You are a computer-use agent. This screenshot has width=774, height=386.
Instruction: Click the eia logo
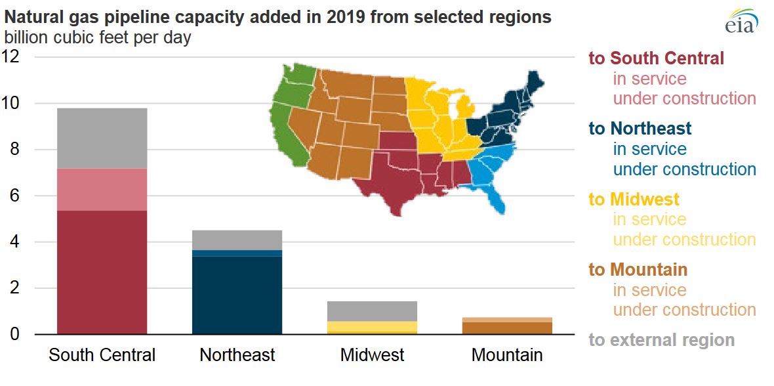pos(741,21)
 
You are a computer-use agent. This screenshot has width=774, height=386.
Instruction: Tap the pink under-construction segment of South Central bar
pos(102,190)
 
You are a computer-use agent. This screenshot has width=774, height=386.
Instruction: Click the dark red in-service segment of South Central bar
pos(102,272)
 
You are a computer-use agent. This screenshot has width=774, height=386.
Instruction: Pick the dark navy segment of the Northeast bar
pos(237,295)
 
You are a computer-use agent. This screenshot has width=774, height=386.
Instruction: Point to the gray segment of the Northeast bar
pos(237,240)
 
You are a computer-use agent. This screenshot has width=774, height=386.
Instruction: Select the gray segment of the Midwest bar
pos(372,311)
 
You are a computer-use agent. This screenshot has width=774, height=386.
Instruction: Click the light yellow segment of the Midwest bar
pos(372,326)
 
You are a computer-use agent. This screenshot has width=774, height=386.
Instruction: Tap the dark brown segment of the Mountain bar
pos(507,328)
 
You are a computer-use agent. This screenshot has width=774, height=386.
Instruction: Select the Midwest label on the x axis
pos(372,356)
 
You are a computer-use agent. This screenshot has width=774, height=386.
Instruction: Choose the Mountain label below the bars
pos(507,356)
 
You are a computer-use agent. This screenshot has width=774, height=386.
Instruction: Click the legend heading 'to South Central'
pos(656,58)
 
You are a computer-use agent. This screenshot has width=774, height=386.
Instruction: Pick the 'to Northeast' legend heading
pos(640,128)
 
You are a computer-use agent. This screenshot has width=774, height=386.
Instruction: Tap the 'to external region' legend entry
pos(661,340)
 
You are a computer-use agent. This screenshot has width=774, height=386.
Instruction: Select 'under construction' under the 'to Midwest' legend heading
pos(684,240)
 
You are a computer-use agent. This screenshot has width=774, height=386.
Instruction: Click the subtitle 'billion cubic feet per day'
pos(98,37)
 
